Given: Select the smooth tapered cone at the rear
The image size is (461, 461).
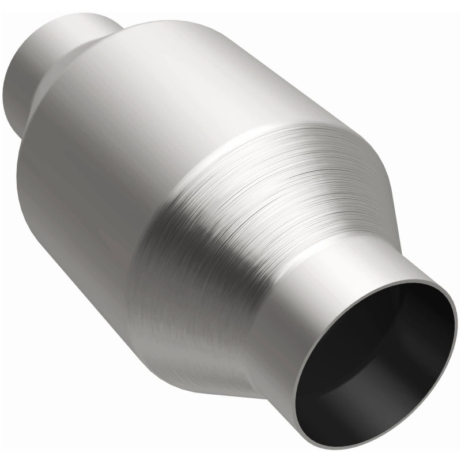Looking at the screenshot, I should pyautogui.click(x=81, y=63).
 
